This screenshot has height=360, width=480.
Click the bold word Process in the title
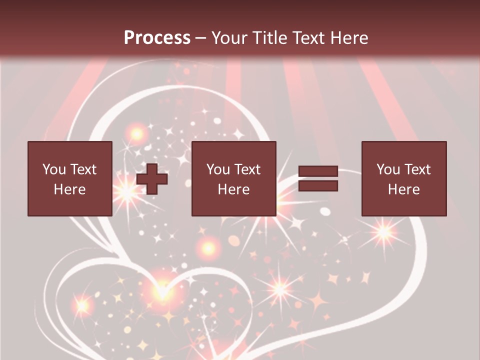[157, 38]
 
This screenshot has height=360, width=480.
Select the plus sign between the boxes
[152, 179]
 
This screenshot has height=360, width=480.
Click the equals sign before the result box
[318, 179]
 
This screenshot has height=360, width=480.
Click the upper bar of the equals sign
[318, 172]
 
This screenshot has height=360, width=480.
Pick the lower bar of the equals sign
[318, 186]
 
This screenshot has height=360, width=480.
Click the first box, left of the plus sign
[69, 178]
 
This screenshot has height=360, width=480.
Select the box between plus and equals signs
[233, 178]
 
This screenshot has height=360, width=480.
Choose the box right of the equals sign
[403, 178]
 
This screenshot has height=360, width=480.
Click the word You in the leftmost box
[53, 169]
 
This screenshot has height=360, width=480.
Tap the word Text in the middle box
[247, 169]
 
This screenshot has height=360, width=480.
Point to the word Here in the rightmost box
[403, 189]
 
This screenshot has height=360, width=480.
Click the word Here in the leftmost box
[69, 189]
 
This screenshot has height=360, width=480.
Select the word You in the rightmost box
[387, 169]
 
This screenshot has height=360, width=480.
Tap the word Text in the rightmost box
[417, 169]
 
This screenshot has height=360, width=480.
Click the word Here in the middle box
[233, 189]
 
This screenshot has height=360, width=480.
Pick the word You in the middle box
[217, 169]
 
